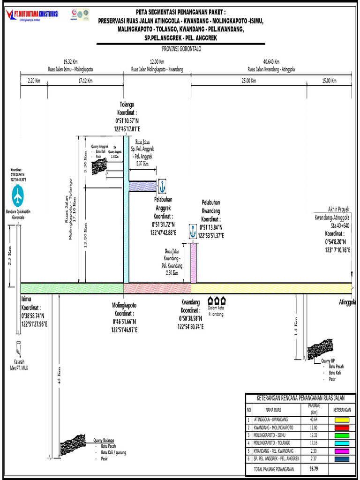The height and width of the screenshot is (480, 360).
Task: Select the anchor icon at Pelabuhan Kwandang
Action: tap(192, 231)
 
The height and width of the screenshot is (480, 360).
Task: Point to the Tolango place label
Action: tap(127, 105)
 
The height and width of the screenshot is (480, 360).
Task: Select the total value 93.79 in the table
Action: tap(313, 469)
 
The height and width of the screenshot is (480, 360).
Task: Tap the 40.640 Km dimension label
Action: tap(271, 61)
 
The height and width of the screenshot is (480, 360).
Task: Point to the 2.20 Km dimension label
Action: tap(34, 81)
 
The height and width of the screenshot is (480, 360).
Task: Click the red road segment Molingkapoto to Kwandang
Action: tap(157, 288)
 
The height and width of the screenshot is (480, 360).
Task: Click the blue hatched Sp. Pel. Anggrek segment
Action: tap(143, 186)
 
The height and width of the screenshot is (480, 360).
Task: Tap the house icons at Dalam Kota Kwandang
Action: tap(217, 300)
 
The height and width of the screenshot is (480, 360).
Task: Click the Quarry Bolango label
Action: tap(104, 440)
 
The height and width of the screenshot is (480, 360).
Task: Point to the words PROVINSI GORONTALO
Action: tap(180, 49)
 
